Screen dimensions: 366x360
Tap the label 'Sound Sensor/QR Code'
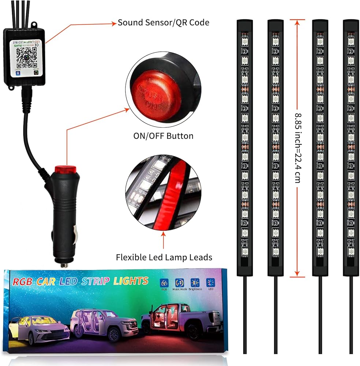pos(164,23)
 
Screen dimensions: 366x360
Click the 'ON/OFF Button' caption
pos(163,136)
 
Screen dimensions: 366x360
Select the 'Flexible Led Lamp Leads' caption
pos(164,257)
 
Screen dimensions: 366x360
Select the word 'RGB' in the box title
pos(22,282)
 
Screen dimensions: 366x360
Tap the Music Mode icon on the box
pos(179,283)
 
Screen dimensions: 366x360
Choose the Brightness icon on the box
pos(195,283)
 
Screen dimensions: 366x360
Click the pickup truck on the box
pos(181,322)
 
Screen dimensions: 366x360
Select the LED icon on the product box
pos(211,283)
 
